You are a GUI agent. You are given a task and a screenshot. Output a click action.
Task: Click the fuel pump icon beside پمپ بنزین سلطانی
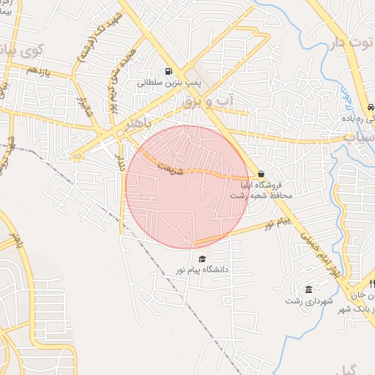click(x=169, y=72)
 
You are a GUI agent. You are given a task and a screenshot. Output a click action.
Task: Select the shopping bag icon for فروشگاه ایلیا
click(x=261, y=174)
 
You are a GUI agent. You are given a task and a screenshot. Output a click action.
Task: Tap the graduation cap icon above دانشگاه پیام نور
click(x=202, y=259)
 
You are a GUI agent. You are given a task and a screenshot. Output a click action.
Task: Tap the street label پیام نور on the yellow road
click(x=278, y=221)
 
